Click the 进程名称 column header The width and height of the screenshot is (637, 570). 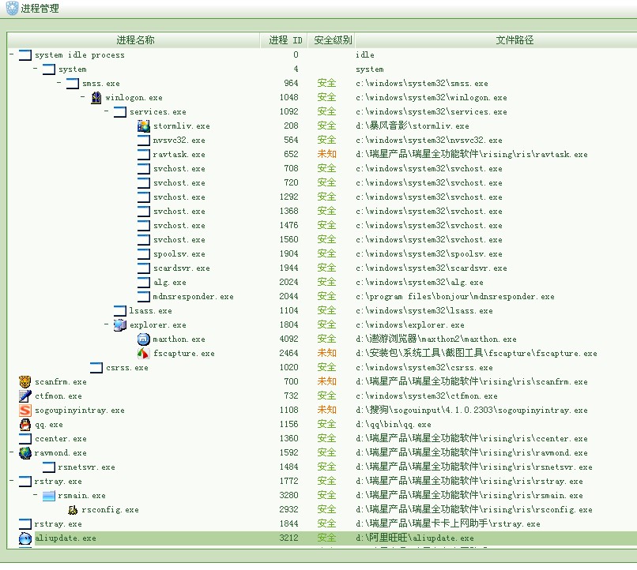(x=135, y=40)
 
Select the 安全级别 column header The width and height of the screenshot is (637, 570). (x=333, y=40)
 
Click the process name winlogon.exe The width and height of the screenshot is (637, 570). (x=134, y=98)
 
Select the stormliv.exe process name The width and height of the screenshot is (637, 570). (x=181, y=126)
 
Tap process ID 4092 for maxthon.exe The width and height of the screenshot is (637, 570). (x=288, y=339)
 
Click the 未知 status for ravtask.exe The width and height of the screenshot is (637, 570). (x=326, y=155)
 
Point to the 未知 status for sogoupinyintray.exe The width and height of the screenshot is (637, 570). (x=326, y=411)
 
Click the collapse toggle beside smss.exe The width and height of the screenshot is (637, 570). (x=59, y=84)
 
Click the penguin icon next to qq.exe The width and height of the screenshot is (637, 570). (x=25, y=425)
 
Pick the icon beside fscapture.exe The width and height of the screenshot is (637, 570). (x=143, y=354)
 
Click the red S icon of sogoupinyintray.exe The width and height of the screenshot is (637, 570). (x=25, y=411)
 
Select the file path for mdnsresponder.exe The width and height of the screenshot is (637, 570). (x=454, y=297)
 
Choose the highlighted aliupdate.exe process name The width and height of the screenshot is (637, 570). (x=65, y=538)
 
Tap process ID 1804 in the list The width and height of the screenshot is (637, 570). (x=288, y=325)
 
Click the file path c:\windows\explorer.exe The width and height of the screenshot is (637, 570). (x=409, y=325)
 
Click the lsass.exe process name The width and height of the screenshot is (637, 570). (x=150, y=311)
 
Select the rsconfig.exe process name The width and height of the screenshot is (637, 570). (x=109, y=510)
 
